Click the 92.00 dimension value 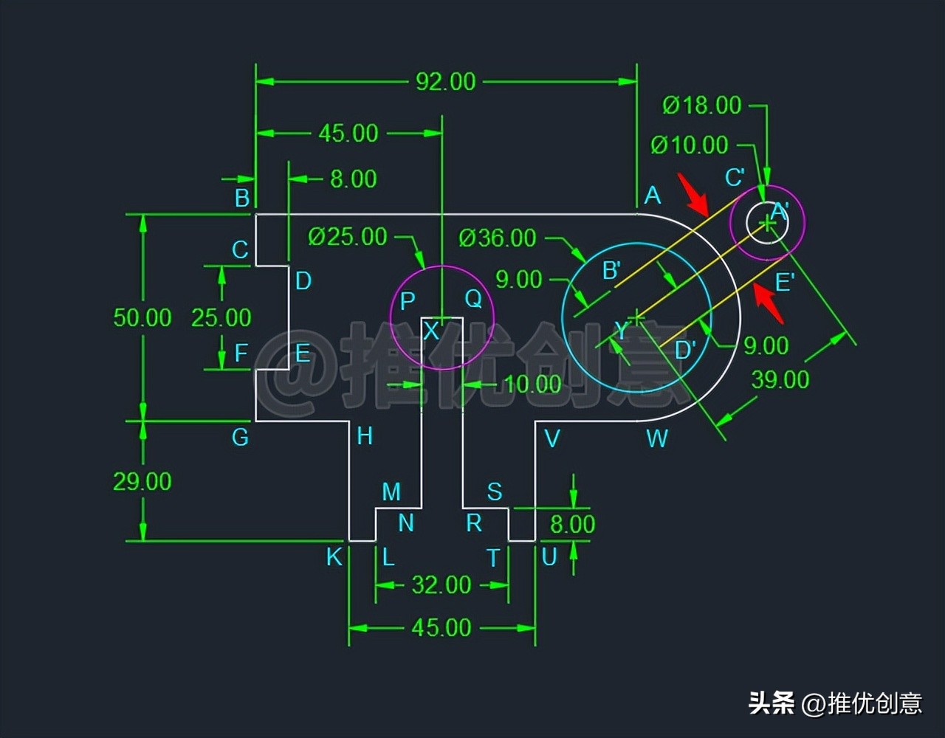[x=445, y=81]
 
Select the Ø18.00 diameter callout [x=701, y=106]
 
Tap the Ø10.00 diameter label [x=689, y=145]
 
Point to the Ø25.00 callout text [x=348, y=237]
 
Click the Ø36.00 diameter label [x=497, y=238]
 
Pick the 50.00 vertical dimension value [x=142, y=317]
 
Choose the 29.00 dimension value [x=142, y=481]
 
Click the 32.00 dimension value [x=441, y=585]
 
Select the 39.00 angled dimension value [x=780, y=379]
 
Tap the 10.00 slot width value [x=533, y=384]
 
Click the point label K [x=334, y=557]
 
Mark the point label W [x=657, y=439]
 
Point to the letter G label [x=240, y=438]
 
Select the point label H [x=365, y=436]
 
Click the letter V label [x=551, y=439]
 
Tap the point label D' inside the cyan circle [x=686, y=350]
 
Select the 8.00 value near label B [x=354, y=179]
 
